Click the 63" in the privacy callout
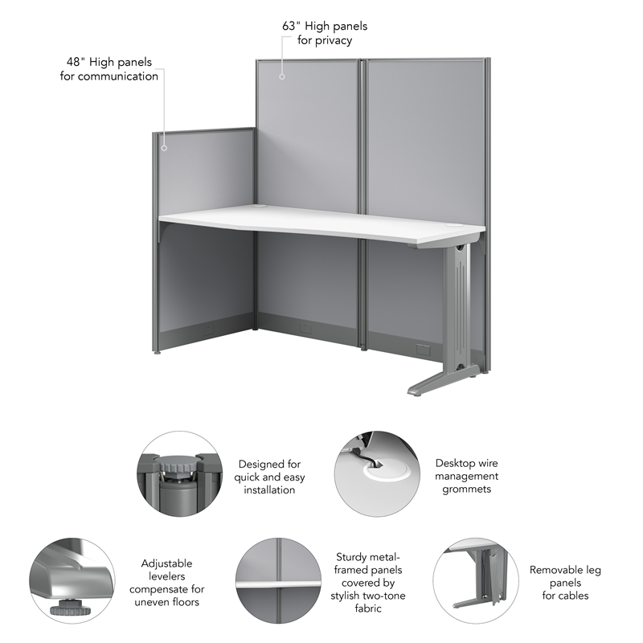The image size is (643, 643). click(291, 26)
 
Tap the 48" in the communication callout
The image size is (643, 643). click(76, 62)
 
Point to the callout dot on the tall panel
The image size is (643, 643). click(282, 76)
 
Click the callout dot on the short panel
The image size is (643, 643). click(164, 148)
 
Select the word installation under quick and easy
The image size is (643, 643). click(270, 489)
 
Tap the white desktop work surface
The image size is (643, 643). click(321, 221)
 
